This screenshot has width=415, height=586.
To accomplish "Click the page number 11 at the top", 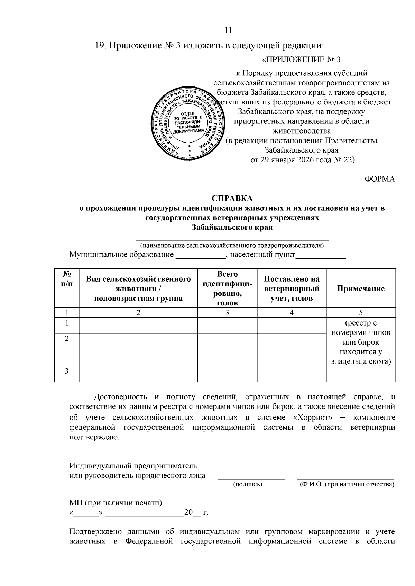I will pyautogui.click(x=228, y=30).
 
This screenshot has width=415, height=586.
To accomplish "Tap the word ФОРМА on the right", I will pyautogui.click(x=380, y=179).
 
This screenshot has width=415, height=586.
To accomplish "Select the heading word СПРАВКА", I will pyautogui.click(x=232, y=199).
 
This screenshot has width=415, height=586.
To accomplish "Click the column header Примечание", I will pyautogui.click(x=361, y=289).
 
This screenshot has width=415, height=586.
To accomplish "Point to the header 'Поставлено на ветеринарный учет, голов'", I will pyautogui.click(x=291, y=289).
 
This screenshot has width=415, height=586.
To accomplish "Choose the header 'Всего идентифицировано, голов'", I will pyautogui.click(x=227, y=289).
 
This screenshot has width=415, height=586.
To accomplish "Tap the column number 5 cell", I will pyautogui.click(x=361, y=313).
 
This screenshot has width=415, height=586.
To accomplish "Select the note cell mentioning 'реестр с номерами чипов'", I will pyautogui.click(x=361, y=342).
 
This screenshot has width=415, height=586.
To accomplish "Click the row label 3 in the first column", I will pyautogui.click(x=67, y=371).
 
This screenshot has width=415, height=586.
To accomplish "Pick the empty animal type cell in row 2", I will pyautogui.click(x=138, y=349).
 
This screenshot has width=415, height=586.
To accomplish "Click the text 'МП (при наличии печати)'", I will pyautogui.click(x=116, y=503).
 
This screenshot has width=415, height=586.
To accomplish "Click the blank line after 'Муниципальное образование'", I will pyautogui.click(x=201, y=256).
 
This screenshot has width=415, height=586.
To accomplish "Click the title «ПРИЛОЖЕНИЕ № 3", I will pyautogui.click(x=301, y=60).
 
